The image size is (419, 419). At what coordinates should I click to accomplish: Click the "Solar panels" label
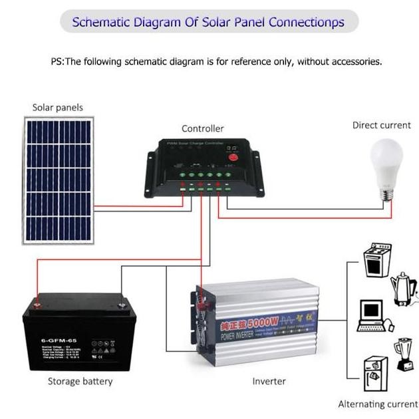coord(58,107)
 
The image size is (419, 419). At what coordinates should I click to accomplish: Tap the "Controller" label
coord(203,128)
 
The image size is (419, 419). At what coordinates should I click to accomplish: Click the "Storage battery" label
coord(80,381)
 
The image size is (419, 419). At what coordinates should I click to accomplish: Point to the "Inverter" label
coord(269,381)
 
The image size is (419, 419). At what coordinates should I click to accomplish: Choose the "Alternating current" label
coord(378,404)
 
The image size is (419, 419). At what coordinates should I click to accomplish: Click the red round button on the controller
coord(233,157)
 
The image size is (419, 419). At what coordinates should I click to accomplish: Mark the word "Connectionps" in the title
coord(309,22)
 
